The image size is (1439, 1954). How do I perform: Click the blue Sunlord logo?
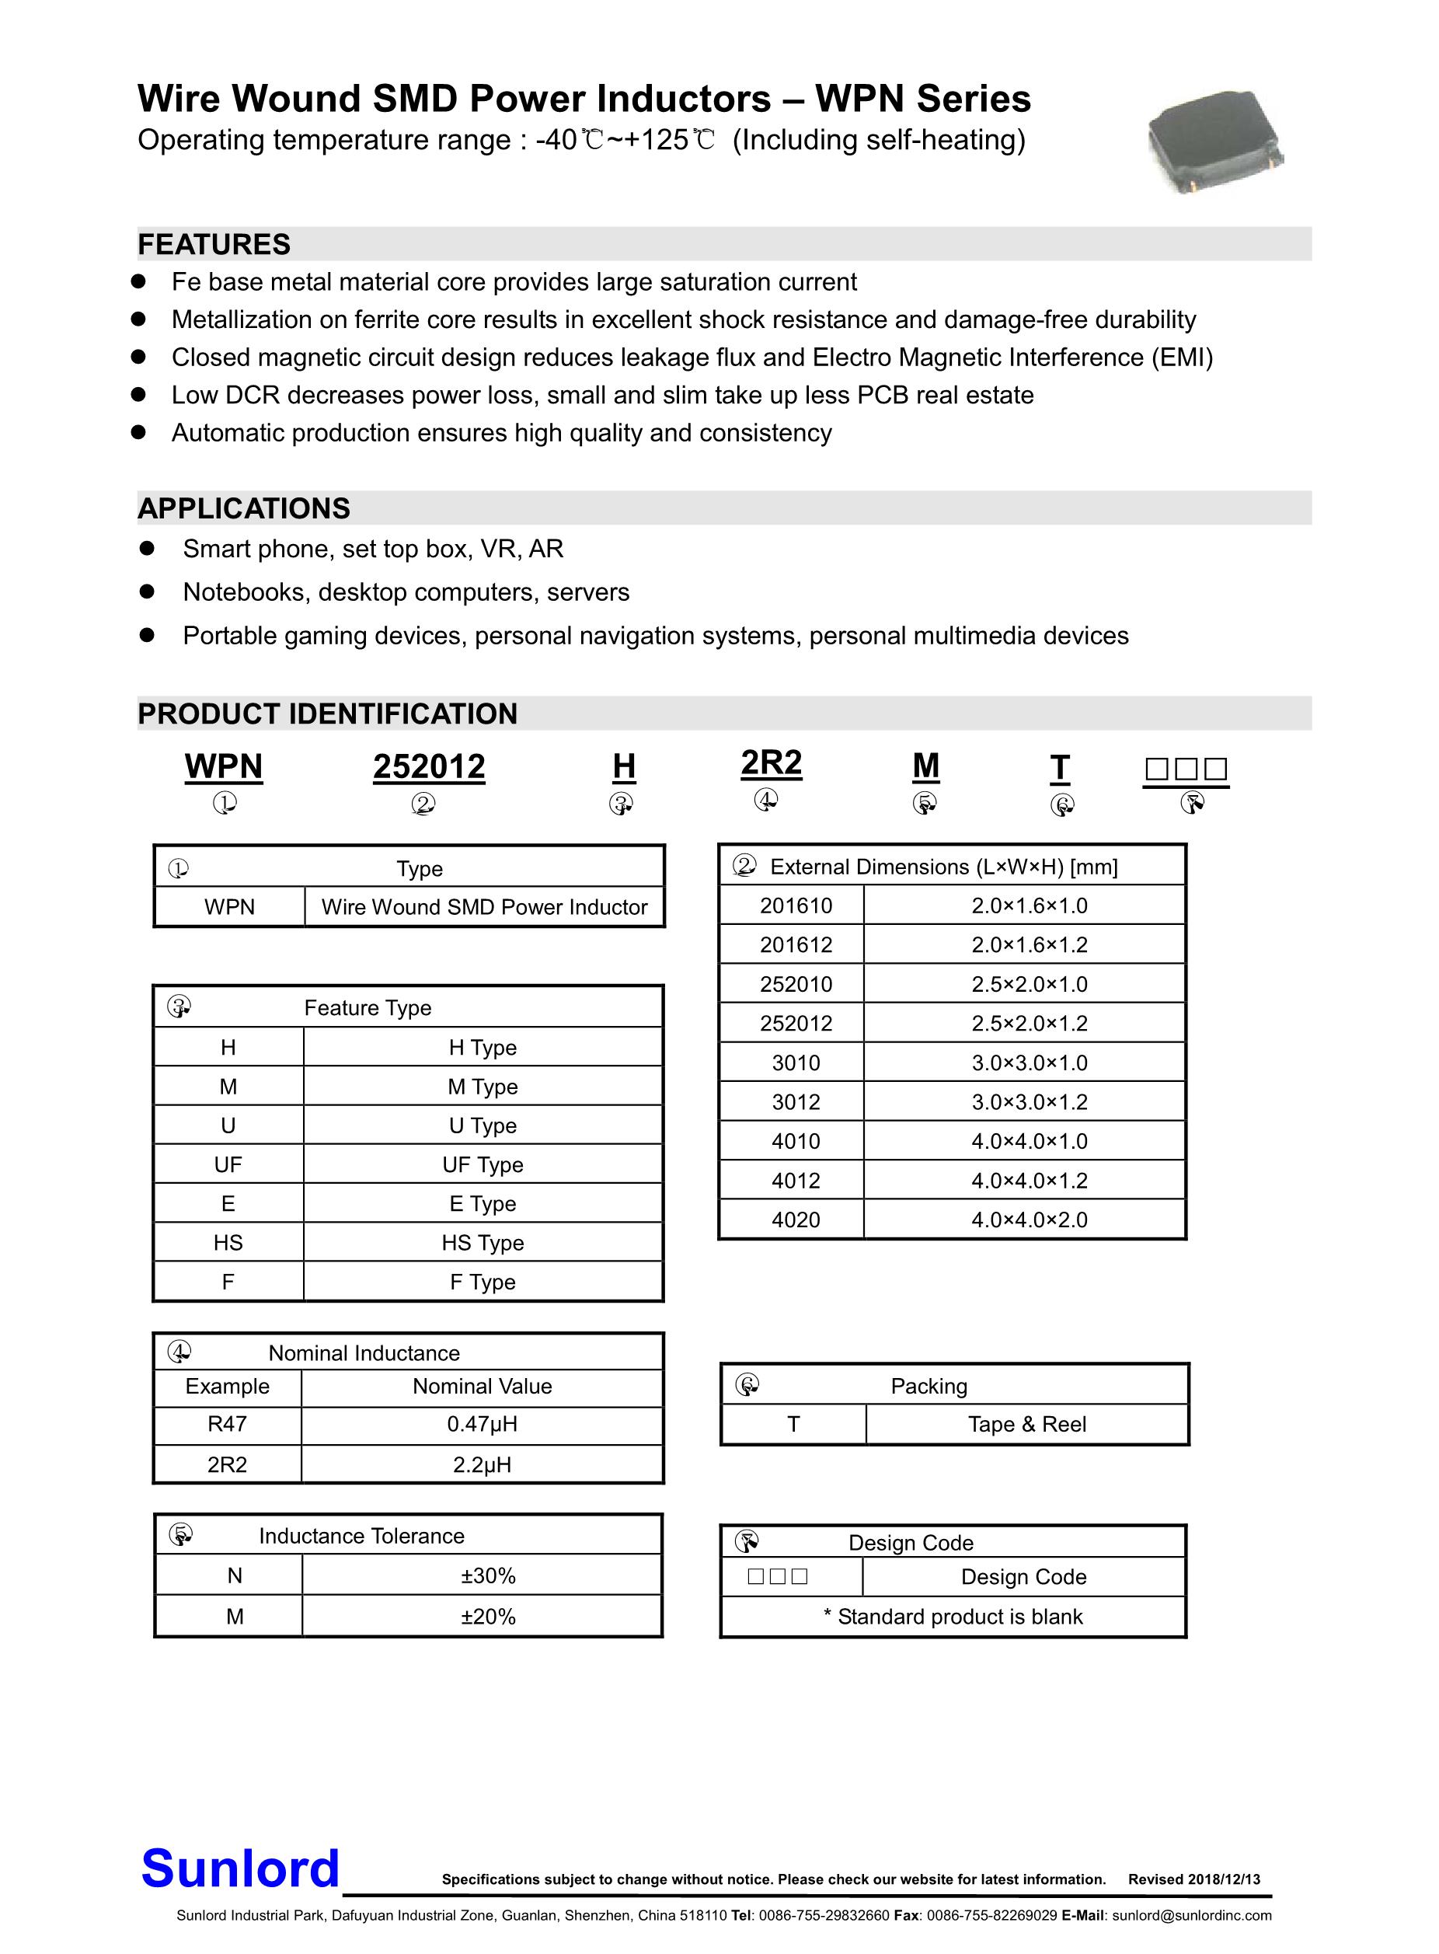[240, 1868]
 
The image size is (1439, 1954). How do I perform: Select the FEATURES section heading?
[214, 245]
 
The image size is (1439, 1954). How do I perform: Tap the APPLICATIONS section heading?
[244, 509]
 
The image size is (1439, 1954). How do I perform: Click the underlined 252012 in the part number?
[429, 766]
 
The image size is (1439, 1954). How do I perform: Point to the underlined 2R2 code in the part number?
[771, 763]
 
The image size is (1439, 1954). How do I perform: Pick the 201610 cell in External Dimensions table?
[796, 906]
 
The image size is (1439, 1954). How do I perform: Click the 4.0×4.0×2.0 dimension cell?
[1029, 1220]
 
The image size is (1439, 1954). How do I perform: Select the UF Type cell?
[483, 1165]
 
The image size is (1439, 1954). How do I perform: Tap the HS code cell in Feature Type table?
[228, 1243]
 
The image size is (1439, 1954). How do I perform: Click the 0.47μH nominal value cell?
[482, 1425]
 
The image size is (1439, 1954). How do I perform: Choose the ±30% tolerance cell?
[488, 1576]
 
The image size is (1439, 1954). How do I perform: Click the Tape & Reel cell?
[1026, 1425]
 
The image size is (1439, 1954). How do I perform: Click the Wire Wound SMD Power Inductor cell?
[483, 907]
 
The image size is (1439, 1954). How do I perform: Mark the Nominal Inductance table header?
[364, 1353]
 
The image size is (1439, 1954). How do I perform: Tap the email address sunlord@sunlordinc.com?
[1192, 1916]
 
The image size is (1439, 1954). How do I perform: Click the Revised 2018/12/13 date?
[1193, 1879]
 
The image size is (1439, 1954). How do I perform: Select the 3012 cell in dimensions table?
[796, 1102]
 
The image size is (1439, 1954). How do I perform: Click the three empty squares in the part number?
[1186, 769]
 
